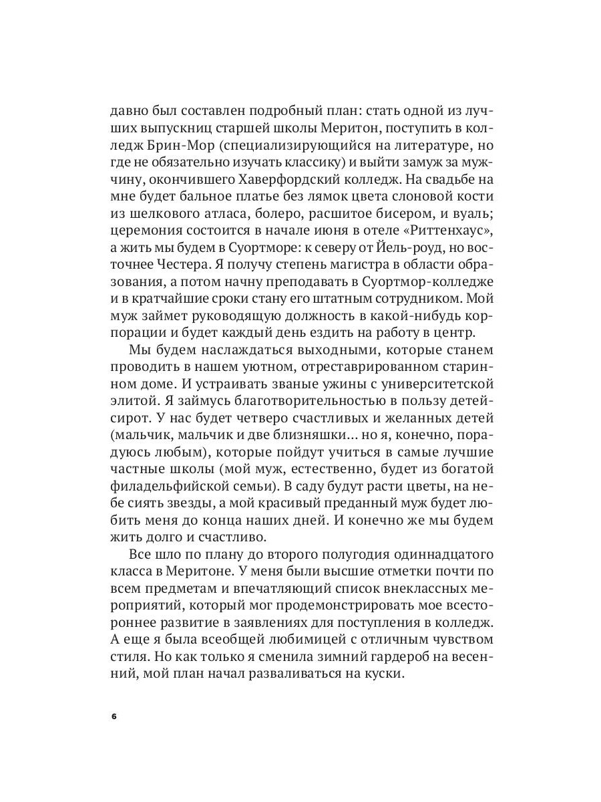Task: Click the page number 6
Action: [x=114, y=715]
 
